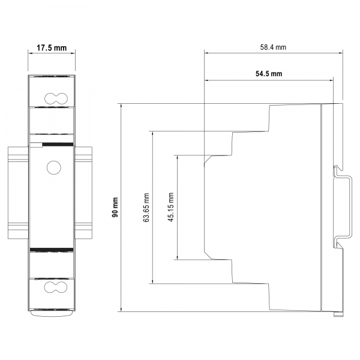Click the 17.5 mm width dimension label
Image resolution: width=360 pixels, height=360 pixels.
point(52,48)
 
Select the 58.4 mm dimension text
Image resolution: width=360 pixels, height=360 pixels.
point(273,47)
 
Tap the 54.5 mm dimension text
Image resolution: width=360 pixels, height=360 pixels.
point(269,74)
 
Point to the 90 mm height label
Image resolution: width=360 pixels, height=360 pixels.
point(115,207)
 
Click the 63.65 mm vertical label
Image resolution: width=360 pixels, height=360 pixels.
point(146,208)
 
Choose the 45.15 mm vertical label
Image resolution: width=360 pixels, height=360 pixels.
point(171,207)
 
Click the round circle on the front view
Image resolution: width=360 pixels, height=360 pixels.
point(54,167)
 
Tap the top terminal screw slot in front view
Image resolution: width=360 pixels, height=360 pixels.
point(56,99)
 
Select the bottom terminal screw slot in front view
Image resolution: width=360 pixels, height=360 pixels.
point(56,287)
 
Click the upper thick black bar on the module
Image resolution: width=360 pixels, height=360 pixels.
point(58,145)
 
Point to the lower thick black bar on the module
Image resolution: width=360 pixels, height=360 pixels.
point(52,250)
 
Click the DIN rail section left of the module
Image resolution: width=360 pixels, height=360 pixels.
point(19,193)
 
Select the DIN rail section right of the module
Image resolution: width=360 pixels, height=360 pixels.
point(83,193)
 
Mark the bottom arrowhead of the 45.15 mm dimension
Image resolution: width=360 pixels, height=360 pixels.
point(177,257)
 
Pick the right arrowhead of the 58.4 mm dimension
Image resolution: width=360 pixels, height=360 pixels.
point(340,53)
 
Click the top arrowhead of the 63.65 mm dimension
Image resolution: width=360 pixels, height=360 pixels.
point(152,133)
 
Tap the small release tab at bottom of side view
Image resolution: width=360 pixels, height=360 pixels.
point(338,314)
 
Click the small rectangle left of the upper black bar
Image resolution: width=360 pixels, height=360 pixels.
point(36,145)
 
